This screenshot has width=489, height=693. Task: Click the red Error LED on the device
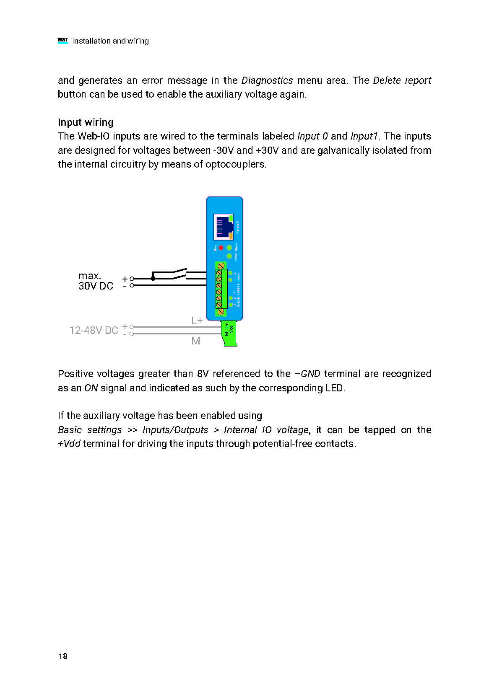[x=221, y=248]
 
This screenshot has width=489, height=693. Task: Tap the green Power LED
[x=229, y=256]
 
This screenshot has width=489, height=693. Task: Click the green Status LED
[x=229, y=248]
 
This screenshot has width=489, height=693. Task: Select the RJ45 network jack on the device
[x=224, y=227]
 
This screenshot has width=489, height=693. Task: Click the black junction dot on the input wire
[x=153, y=278]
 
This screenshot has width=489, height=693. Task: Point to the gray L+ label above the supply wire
[x=197, y=321]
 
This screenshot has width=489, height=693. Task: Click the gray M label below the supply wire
[x=195, y=341]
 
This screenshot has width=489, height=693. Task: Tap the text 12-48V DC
[x=94, y=331]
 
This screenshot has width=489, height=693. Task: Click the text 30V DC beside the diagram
[x=96, y=286]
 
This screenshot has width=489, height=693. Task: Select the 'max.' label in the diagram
[x=90, y=276]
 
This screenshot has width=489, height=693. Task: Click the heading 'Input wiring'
[x=86, y=122]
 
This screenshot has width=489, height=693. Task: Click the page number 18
[x=63, y=656]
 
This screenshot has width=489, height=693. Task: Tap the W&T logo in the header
[x=62, y=41]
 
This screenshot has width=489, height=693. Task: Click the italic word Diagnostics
[x=267, y=80]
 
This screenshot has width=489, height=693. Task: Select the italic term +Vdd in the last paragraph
[x=69, y=444]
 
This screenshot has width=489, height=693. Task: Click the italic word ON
[x=91, y=388]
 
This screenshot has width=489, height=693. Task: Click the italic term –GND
[x=307, y=374]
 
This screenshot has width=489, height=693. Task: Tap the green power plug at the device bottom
[x=229, y=334]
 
